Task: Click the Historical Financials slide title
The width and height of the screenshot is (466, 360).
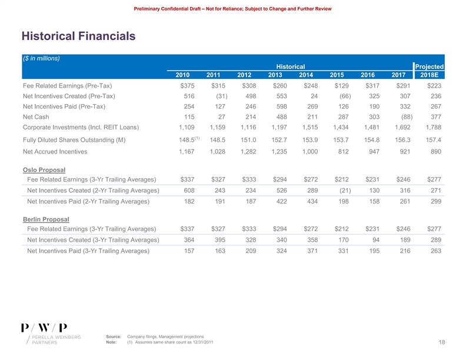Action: tap(79, 36)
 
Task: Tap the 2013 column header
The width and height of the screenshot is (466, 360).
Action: tap(275, 75)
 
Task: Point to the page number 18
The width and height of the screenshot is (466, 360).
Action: tap(441, 342)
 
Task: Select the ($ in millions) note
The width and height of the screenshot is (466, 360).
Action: tap(42, 58)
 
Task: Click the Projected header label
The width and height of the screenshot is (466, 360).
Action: tap(430, 66)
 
